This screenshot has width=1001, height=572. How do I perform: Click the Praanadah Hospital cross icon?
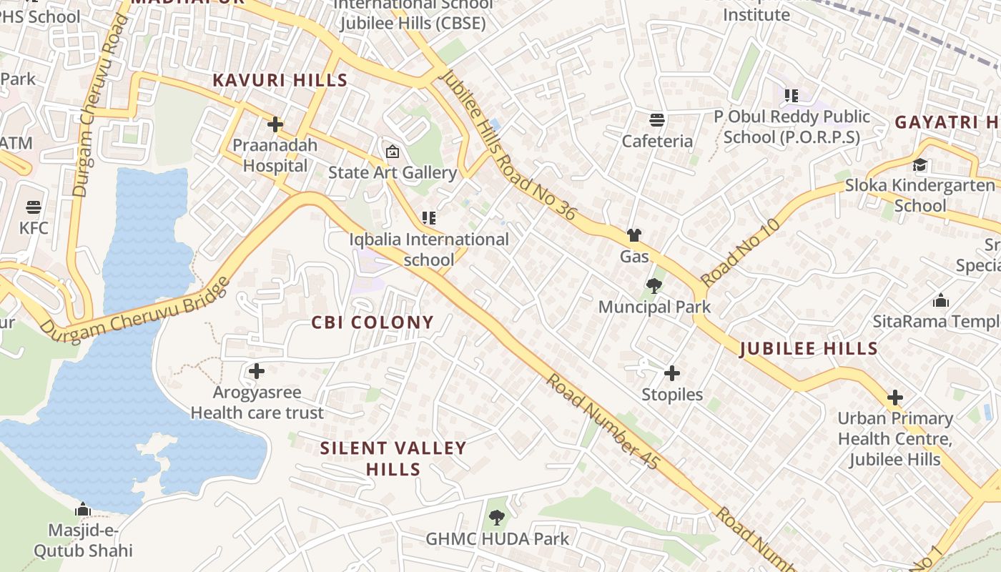click(275, 125)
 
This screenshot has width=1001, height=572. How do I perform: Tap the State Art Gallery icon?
click(392, 152)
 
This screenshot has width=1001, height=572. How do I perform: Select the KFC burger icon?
click(34, 207)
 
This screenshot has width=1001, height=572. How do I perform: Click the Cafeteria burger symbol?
click(656, 119)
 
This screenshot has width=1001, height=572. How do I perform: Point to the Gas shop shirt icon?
click(633, 235)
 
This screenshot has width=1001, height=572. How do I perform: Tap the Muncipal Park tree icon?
click(654, 286)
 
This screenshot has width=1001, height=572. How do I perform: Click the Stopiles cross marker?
click(671, 373)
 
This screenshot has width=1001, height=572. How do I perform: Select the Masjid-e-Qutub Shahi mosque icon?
click(83, 510)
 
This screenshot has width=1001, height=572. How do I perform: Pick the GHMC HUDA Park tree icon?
click(497, 518)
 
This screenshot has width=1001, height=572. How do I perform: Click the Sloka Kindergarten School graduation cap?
click(919, 164)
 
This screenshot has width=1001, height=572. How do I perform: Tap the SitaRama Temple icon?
click(941, 300)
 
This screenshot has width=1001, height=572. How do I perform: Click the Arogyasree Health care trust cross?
click(257, 371)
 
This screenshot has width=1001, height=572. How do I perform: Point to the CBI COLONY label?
click(373, 322)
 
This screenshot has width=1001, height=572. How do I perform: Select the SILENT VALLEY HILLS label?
click(393, 459)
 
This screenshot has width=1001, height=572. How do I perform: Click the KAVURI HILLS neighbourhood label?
click(280, 80)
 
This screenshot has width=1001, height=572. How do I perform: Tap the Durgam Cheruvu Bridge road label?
click(136, 308)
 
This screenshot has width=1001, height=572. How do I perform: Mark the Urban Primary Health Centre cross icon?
click(894, 398)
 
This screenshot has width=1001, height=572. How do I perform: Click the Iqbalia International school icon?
click(428, 218)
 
